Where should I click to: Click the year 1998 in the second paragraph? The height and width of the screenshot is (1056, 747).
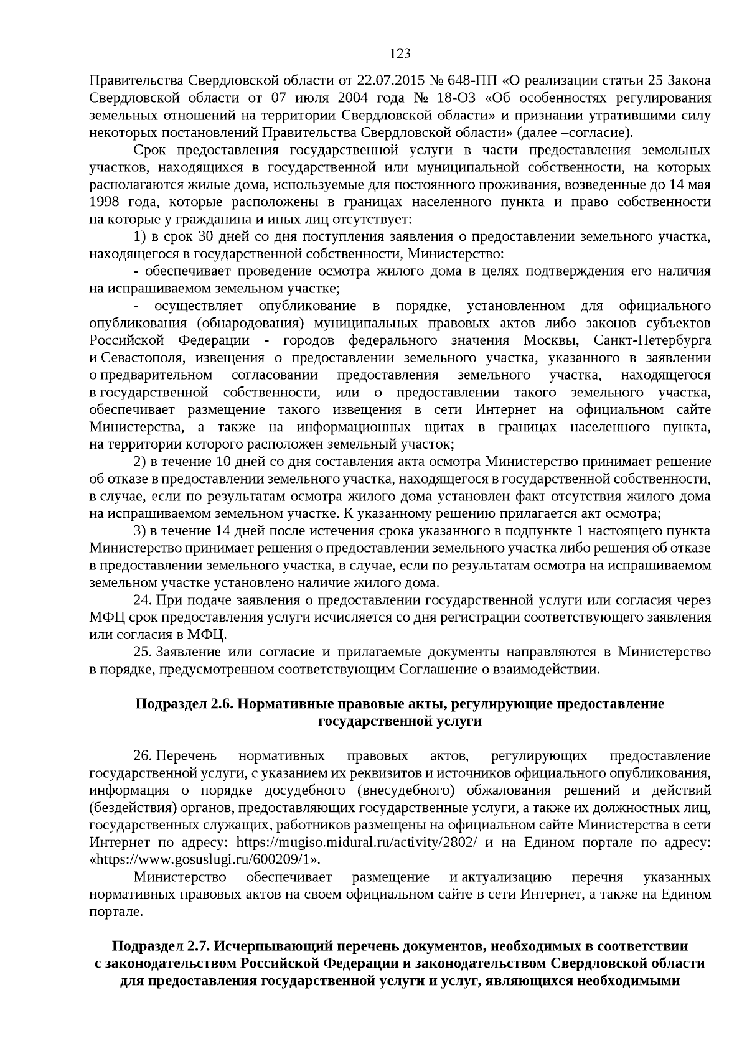click(104, 202)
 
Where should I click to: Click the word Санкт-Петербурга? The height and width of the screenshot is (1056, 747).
click(652, 341)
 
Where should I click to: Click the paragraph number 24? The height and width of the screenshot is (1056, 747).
click(143, 600)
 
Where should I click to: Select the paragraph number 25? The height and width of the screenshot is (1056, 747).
click(143, 652)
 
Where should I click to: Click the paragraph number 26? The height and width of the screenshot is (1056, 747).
click(143, 756)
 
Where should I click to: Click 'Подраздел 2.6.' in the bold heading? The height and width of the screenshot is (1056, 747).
click(184, 704)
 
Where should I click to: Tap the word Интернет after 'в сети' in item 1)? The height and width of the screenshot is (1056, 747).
click(505, 410)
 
